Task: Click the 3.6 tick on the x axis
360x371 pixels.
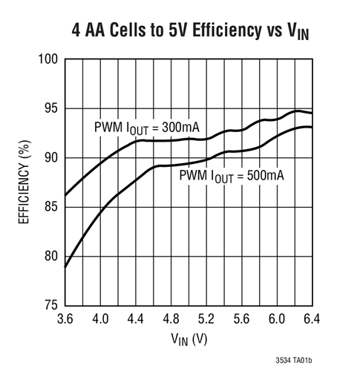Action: tap(65, 318)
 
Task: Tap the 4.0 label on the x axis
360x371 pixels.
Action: tap(100, 318)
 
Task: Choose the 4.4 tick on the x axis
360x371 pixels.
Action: tap(135, 318)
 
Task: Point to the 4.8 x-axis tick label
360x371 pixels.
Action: tap(170, 318)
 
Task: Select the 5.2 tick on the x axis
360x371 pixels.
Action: tap(206, 318)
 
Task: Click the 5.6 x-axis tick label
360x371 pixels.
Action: tap(240, 318)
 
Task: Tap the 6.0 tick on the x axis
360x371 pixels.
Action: tap(276, 318)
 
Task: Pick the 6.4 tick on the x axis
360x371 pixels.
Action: tap(311, 318)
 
